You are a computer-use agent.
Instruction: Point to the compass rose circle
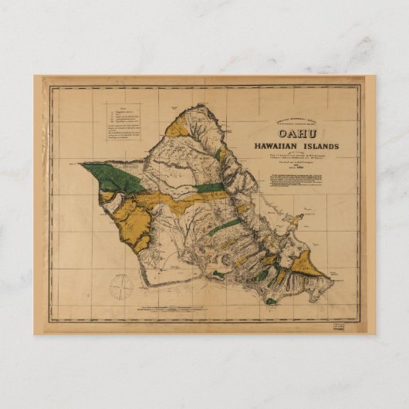click(x=121, y=286)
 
